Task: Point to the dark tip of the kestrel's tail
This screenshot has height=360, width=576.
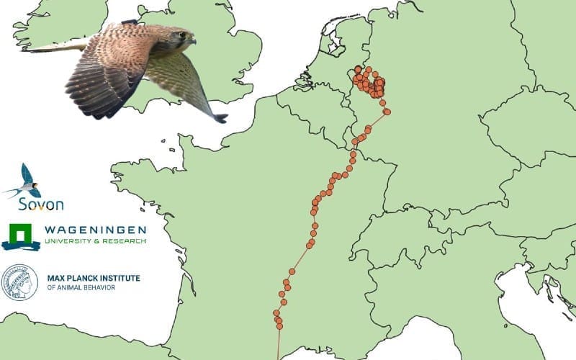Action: (220, 118)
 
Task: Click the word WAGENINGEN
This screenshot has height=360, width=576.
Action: (95, 230)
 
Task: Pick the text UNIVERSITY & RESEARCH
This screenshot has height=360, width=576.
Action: (95, 240)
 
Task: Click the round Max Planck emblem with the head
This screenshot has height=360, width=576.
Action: (19, 282)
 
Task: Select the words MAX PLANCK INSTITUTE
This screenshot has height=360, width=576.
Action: (94, 278)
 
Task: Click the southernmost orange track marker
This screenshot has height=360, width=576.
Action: (279, 328)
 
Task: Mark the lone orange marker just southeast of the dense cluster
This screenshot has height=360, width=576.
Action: (387, 112)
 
